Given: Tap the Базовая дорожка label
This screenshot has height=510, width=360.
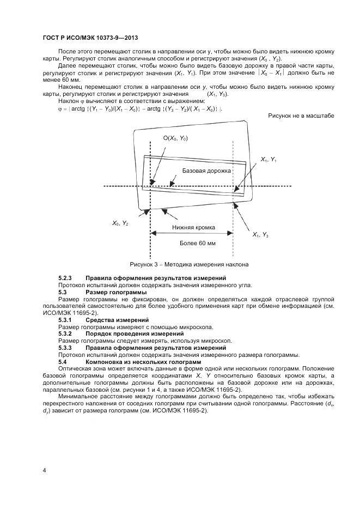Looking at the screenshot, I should (x=207, y=171).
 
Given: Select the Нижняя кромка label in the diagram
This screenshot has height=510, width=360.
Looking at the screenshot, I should (x=193, y=227).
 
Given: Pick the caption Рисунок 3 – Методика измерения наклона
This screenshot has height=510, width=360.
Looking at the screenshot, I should (x=189, y=265).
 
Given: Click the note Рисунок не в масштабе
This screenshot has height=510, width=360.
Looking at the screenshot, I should (x=301, y=116).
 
